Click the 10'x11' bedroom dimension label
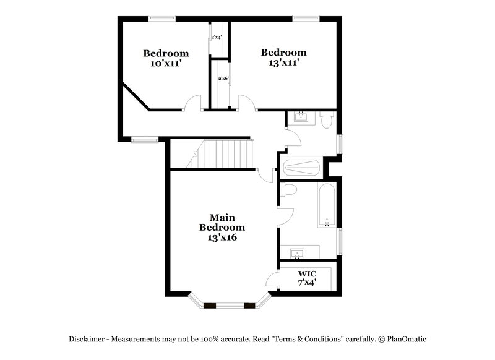tap(165, 63)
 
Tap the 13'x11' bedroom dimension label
tap(283, 62)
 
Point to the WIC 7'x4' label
tap(307, 278)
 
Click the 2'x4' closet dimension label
tap(217, 38)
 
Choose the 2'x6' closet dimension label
tap(223, 79)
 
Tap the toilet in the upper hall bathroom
tap(326, 121)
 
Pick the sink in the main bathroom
tap(297, 253)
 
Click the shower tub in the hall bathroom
tap(301, 167)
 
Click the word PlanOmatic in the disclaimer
tap(407, 339)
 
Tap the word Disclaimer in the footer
tap(89, 339)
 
